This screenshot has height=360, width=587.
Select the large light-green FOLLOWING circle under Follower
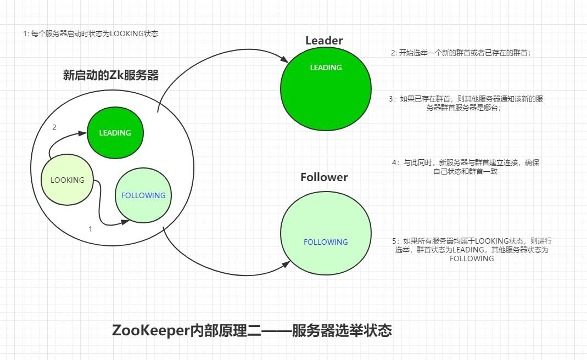coord(326,237)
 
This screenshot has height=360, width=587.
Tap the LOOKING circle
coord(68,179)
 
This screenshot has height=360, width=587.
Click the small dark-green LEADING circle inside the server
coord(115,133)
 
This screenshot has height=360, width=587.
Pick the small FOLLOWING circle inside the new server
coord(143,195)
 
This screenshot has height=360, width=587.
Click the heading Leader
coord(324,40)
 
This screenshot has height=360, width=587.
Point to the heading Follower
coord(324,177)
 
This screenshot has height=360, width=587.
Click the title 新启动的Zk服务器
coord(111,75)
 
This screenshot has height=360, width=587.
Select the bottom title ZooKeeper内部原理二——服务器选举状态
coord(252,331)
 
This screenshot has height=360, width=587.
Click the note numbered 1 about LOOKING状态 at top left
coord(91,33)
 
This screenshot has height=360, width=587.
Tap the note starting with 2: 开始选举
coord(461,53)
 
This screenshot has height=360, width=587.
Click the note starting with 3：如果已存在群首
coord(466,103)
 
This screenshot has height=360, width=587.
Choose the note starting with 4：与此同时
coord(466,167)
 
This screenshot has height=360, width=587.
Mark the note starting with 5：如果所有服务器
coord(472,249)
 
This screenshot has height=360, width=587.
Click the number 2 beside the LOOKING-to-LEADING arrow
coord(54,127)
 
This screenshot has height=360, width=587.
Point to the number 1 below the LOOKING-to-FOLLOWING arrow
coord(91,229)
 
